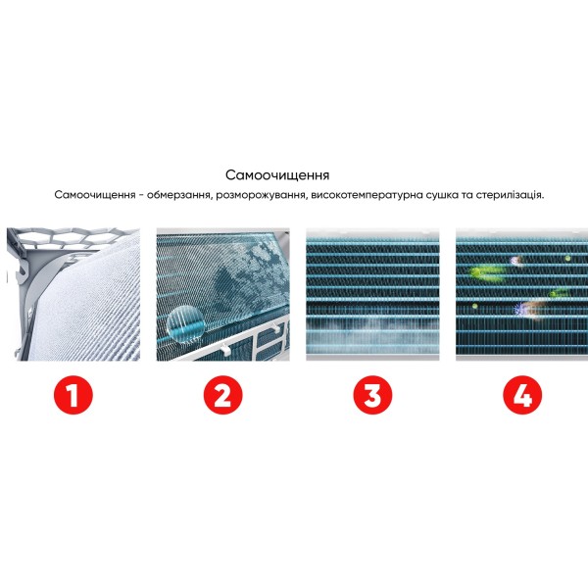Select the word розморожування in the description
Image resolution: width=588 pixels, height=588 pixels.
(x=262, y=195)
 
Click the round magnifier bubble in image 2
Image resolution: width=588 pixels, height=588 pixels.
(x=185, y=322)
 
